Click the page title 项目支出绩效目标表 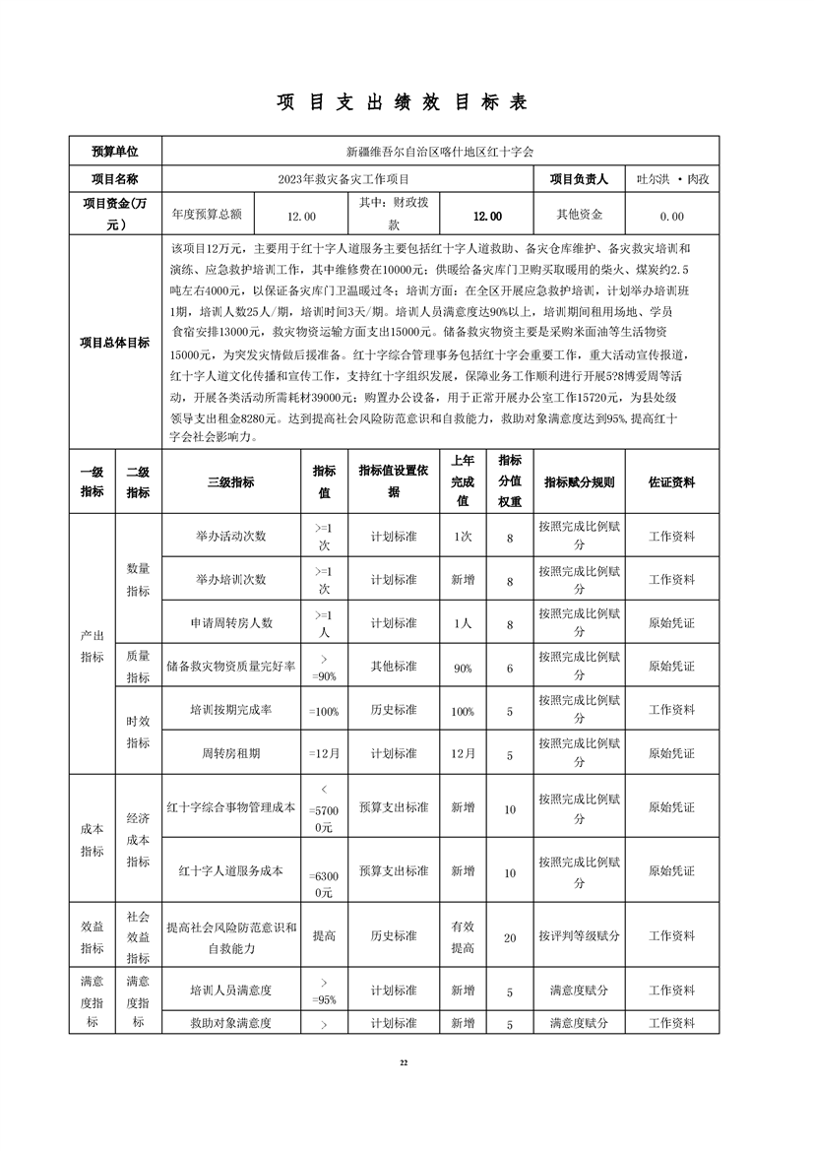coord(407,102)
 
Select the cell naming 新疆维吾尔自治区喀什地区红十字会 coord(440,152)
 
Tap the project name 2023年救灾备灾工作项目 coord(344,179)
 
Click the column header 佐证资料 coord(671,482)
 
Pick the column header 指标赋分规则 coord(579,482)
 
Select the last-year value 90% coord(463,668)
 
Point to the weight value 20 coord(510,938)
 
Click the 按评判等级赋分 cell coord(579,936)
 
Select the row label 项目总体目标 coord(115,343)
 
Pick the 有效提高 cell coord(463,936)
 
